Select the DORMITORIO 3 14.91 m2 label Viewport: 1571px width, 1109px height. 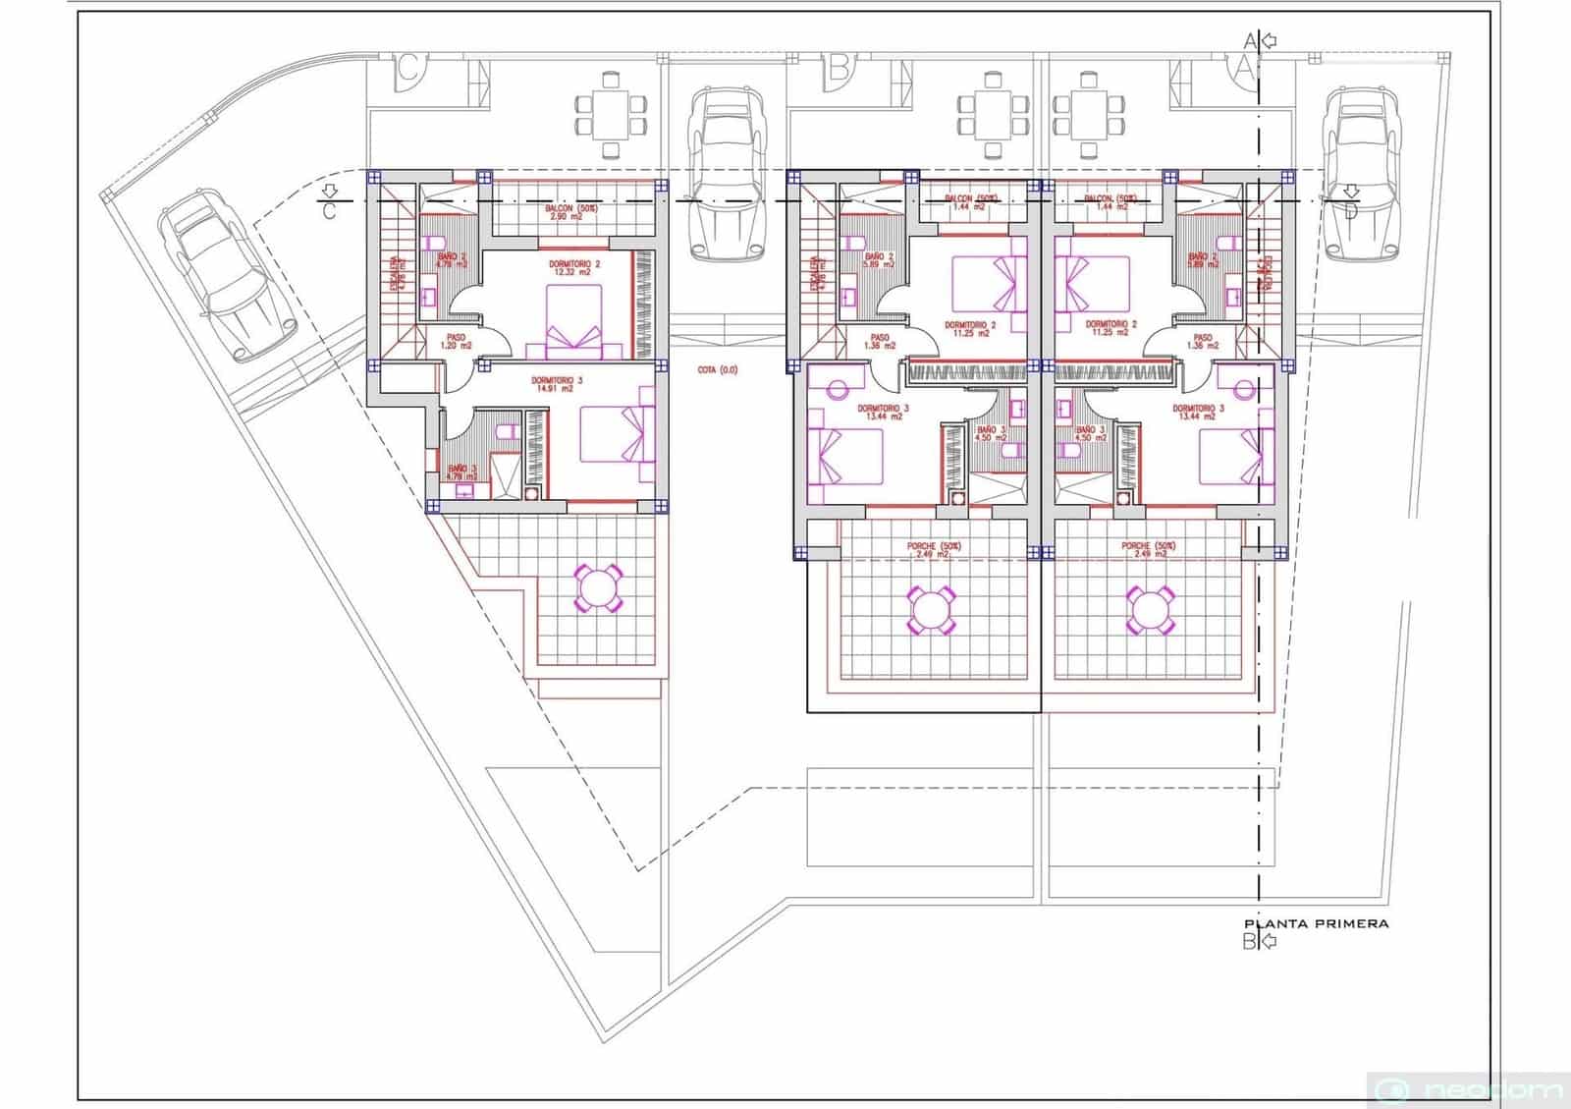557,384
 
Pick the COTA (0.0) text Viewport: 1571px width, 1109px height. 717,370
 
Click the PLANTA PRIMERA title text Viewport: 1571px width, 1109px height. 1316,923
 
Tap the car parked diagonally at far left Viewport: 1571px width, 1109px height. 229,274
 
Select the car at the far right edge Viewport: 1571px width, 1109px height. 1359,174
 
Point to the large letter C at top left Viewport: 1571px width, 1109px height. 410,71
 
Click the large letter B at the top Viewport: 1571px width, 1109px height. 838,69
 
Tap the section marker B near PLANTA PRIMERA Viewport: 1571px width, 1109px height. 1250,942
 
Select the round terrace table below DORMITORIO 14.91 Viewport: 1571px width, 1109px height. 597,588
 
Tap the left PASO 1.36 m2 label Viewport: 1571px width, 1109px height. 879,342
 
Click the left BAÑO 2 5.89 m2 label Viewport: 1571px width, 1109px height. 879,260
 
